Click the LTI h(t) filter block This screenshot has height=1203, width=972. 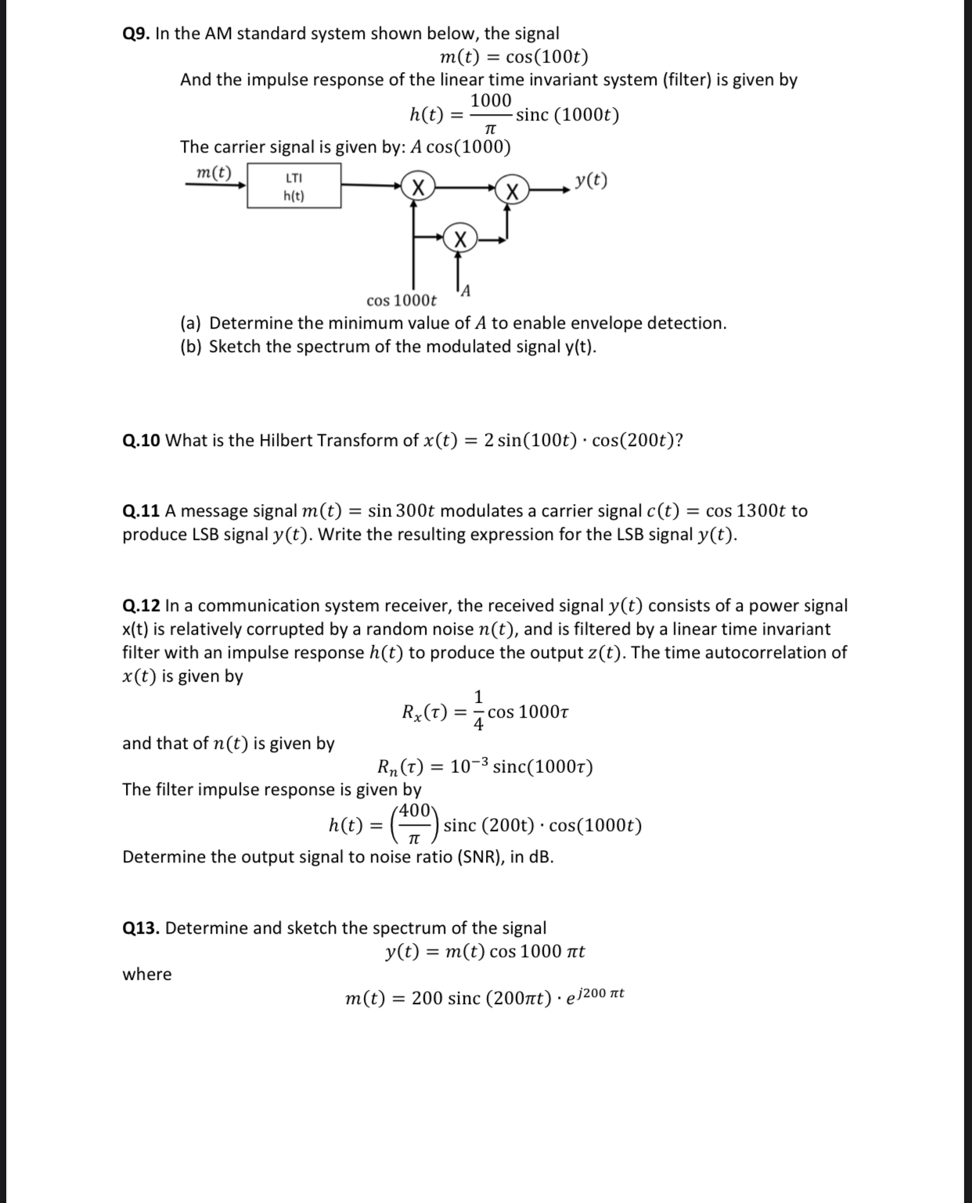[294, 186]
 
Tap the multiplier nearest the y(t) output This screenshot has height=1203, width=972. [512, 189]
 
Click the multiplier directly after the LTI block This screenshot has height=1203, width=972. [418, 188]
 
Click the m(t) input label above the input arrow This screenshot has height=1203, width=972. [214, 172]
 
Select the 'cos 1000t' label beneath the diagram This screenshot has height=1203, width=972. [401, 301]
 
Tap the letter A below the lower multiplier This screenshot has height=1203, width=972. [466, 292]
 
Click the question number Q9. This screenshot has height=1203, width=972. [137, 34]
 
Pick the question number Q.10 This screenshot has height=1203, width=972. [142, 441]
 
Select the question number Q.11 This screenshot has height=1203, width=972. [142, 511]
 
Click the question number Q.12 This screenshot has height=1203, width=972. [142, 606]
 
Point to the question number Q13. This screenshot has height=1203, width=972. [141, 928]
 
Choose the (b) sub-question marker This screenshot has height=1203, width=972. [192, 347]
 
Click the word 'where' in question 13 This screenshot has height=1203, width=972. [147, 974]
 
